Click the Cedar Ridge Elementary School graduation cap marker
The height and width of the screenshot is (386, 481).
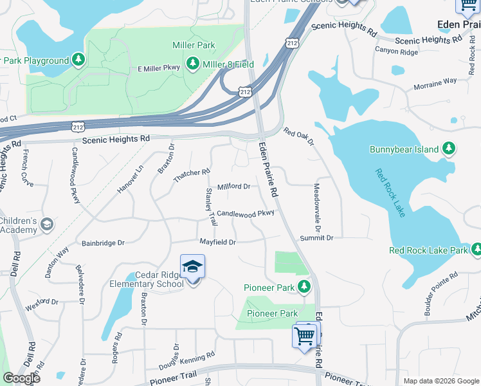(x=192, y=266)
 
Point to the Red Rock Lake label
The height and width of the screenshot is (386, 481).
(x=391, y=192)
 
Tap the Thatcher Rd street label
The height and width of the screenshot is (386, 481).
(x=192, y=176)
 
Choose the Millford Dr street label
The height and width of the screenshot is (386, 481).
(x=233, y=187)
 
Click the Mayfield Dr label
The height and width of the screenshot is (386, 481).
(x=217, y=243)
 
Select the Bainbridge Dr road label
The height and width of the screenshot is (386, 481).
(x=103, y=243)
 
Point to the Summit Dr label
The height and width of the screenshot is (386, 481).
(x=316, y=238)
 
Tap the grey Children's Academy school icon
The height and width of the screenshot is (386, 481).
(x=46, y=225)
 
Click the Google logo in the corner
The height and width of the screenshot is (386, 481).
(x=21, y=378)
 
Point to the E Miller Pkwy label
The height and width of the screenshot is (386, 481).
(x=159, y=69)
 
